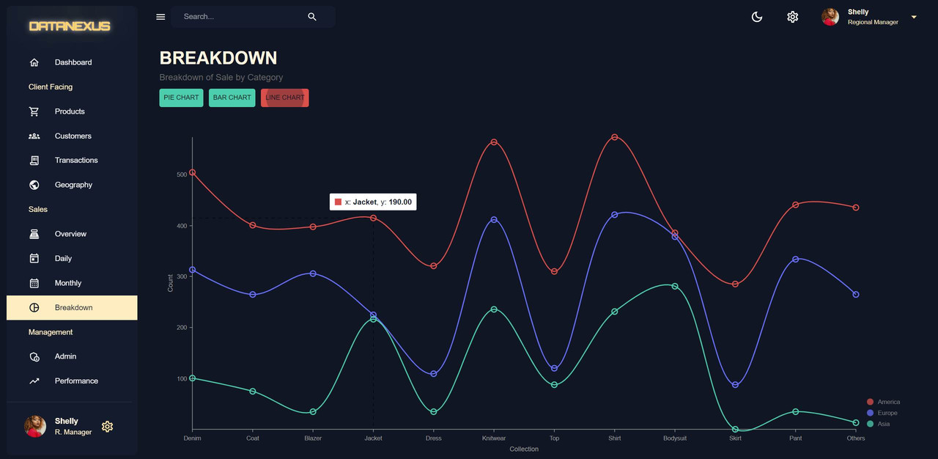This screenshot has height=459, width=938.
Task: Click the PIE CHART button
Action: coord(181,98)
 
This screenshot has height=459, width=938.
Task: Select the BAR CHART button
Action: coord(232,98)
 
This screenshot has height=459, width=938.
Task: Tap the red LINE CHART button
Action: coord(284,98)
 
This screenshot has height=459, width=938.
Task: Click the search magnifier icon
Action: coord(312,17)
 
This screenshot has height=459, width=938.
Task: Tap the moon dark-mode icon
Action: coord(757,17)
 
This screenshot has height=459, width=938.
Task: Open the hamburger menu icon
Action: coord(160,17)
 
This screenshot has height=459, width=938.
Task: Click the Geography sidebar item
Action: coord(73,185)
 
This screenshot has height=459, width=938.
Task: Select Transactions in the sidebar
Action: coord(76,160)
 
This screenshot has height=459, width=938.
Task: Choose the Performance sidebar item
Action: coord(76,381)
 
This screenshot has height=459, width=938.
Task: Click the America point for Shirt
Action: coord(614,137)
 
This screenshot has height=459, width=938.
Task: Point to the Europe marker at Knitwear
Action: coord(494,219)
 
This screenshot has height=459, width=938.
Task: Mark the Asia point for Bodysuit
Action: coord(675,286)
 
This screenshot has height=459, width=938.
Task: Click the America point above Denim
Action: coord(192,172)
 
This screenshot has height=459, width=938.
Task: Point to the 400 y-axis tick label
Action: coord(182,226)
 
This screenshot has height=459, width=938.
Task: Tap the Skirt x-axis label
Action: coord(735,438)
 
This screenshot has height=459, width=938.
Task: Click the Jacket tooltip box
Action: coord(373,202)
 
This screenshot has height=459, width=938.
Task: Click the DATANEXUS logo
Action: coord(70,26)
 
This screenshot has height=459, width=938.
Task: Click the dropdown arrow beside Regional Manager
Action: coord(914,17)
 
